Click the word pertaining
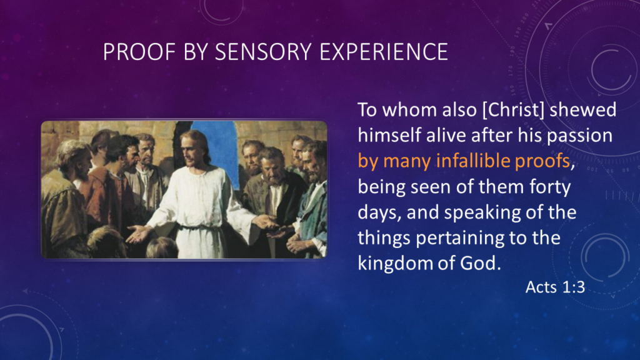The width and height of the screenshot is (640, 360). (x=469, y=238)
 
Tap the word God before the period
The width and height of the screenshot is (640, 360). (x=481, y=263)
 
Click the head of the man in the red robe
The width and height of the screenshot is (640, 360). (x=119, y=150)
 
